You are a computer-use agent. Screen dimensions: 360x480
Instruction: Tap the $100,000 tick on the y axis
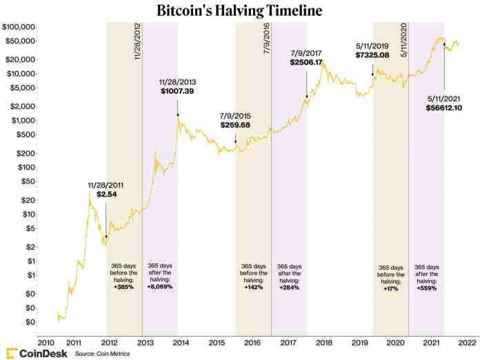click(19, 27)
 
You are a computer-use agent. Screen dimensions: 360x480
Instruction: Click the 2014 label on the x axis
click(181, 341)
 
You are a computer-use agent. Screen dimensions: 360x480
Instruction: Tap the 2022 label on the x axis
click(466, 341)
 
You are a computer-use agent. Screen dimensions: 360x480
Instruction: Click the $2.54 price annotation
click(106, 196)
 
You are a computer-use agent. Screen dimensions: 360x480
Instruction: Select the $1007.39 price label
click(178, 91)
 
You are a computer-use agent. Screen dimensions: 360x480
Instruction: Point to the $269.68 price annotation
click(236, 126)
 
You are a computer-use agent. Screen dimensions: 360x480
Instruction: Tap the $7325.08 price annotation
click(373, 54)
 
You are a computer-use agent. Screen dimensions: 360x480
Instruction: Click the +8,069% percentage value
click(160, 287)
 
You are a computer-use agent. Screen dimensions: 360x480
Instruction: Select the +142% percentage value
click(253, 287)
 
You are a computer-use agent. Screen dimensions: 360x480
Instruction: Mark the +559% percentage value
click(426, 287)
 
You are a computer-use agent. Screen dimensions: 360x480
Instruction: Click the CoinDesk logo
click(36, 352)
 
